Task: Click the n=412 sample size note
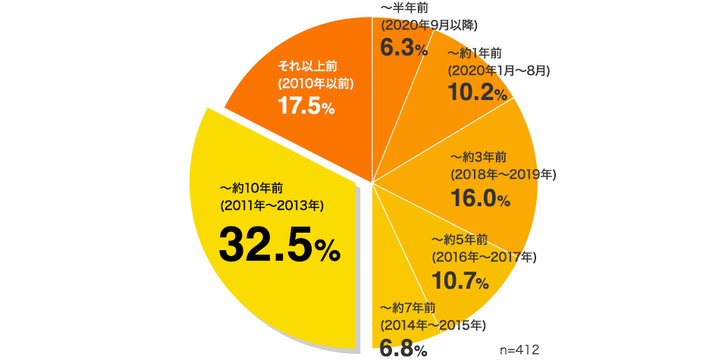(519, 349)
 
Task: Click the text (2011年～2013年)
(271, 205)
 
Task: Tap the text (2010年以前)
(315, 83)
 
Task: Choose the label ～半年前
(401, 8)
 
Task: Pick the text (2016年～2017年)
(483, 257)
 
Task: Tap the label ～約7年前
(407, 307)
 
